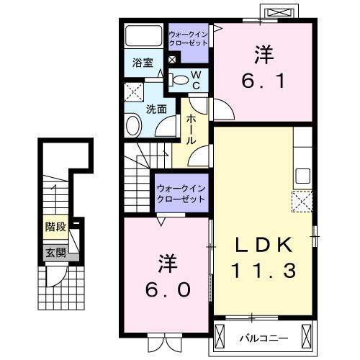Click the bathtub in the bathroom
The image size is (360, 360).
pos(144,36)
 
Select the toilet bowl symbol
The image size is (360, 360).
pos(181,80)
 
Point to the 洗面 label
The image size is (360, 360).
pos(157,109)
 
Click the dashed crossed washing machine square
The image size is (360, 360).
pos(132,91)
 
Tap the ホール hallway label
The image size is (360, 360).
pos(192,130)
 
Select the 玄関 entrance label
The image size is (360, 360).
pos(55,252)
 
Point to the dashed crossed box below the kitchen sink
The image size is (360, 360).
pos(301,200)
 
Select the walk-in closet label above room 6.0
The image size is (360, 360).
pos(182,193)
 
